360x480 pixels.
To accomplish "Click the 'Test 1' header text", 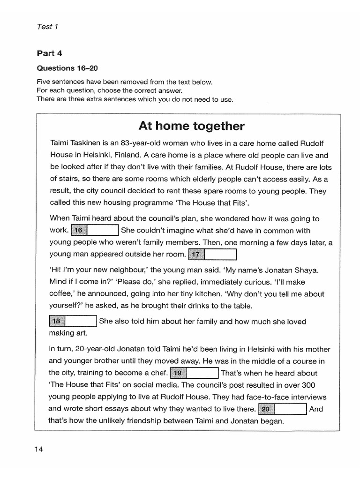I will coord(47,27).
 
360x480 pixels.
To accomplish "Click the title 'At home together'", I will coord(191,126).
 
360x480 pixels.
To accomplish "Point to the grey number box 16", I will coord(78,230).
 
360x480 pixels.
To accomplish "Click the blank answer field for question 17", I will coord(220,254).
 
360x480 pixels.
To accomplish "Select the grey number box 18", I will coord(57,322).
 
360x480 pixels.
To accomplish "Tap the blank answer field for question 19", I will coord(202,373).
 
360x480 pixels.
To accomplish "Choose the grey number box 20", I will coord(266,409).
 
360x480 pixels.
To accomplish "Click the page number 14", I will coord(38,450).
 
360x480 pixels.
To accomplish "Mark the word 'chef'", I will coord(158,373).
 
